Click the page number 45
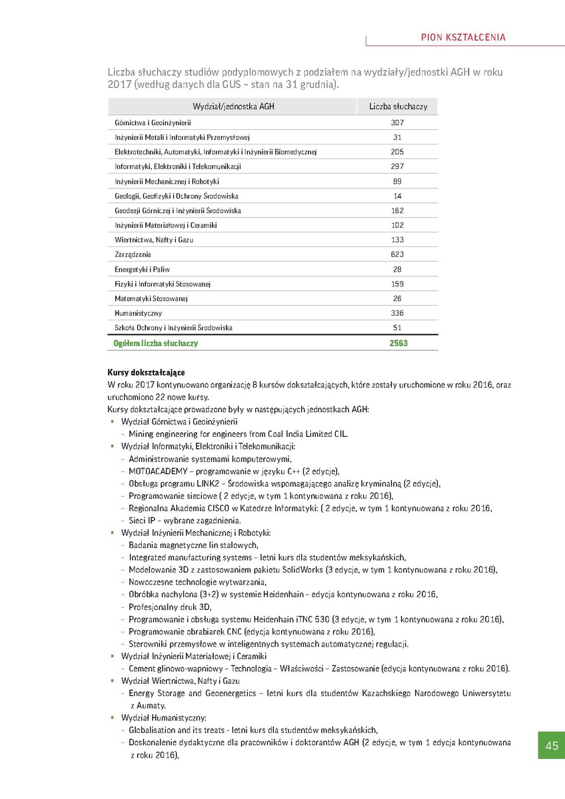coord(551,746)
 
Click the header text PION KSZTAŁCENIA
coord(464,37)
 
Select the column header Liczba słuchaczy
coord(398,107)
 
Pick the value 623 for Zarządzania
coord(398,254)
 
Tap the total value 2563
coord(398,344)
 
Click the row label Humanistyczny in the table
coord(138,313)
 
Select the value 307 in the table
coord(398,123)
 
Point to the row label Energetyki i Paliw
coord(142,270)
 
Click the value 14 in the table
coord(398,196)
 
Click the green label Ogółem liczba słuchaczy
coord(156,344)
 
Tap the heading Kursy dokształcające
coord(146,372)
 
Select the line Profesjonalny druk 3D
coord(170,607)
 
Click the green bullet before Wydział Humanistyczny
coord(113,718)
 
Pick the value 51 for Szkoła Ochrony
coord(398,328)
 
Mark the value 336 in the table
coord(398,313)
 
